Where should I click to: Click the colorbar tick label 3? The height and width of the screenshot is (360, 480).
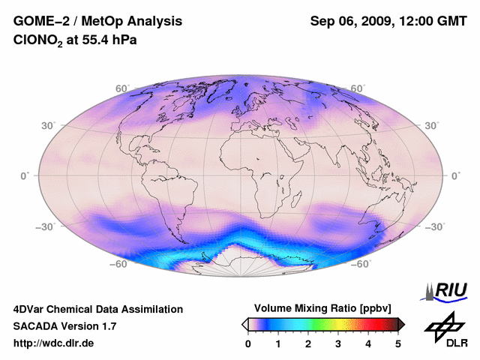[x=338, y=343]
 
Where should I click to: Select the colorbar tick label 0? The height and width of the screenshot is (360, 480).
[x=248, y=343]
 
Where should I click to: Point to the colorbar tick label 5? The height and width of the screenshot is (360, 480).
[x=398, y=343]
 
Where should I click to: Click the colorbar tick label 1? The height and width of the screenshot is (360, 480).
[x=278, y=343]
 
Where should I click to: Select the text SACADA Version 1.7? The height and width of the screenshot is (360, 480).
[x=64, y=326]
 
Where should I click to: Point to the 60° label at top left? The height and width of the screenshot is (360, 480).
[x=121, y=88]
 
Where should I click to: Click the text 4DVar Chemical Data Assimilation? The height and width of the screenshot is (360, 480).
[x=97, y=309]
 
